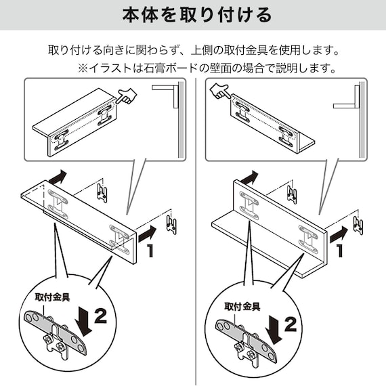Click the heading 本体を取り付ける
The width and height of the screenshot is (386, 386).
tap(193, 15)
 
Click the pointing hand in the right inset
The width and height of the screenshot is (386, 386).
tap(219, 90)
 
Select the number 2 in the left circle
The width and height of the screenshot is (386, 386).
tap(100, 315)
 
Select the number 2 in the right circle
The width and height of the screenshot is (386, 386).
tap(291, 323)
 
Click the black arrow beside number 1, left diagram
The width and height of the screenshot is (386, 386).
tap(146, 234)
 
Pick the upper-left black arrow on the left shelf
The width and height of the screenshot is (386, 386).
tap(59, 177)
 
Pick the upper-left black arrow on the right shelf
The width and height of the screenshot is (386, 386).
tap(250, 177)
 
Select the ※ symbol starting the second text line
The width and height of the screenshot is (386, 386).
tap(83, 68)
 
